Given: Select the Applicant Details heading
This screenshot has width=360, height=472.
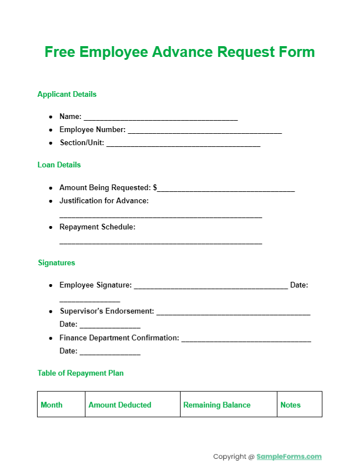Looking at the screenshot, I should pyautogui.click(x=67, y=95).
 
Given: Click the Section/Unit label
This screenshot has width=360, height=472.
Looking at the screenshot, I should pyautogui.click(x=81, y=143).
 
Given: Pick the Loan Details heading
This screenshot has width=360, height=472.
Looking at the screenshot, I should pyautogui.click(x=59, y=165).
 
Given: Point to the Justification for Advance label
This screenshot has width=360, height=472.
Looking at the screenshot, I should pyautogui.click(x=104, y=201).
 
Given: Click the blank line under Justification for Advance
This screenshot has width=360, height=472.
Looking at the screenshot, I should pyautogui.click(x=161, y=216).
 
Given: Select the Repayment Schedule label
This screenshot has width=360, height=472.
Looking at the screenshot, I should pyautogui.click(x=97, y=227).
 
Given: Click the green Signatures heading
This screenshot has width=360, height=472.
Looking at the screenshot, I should pyautogui.click(x=56, y=263).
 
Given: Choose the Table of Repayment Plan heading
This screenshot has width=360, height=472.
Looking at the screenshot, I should pyautogui.click(x=80, y=374).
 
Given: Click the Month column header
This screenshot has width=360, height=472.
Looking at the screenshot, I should pyautogui.click(x=52, y=405).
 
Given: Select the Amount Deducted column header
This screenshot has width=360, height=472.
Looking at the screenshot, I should pyautogui.click(x=120, y=405).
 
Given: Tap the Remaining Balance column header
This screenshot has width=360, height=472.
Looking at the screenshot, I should pyautogui.click(x=217, y=405).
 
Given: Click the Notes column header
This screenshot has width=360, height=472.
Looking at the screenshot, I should pyautogui.click(x=291, y=405).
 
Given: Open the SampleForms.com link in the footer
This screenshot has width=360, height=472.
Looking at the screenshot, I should pyautogui.click(x=289, y=457).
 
